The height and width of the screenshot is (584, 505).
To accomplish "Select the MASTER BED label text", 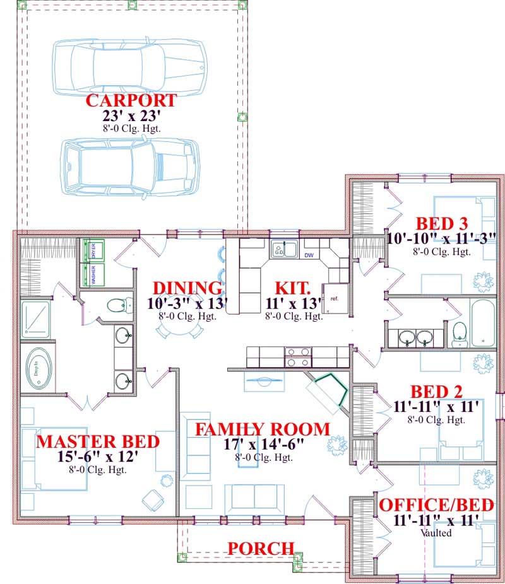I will click(97, 441).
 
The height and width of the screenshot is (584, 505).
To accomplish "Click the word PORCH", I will click(261, 548).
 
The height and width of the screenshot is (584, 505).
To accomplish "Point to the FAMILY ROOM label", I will click(262, 429).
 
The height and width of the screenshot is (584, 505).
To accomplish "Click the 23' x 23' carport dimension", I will click(131, 116).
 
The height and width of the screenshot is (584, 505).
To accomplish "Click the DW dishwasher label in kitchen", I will click(309, 255).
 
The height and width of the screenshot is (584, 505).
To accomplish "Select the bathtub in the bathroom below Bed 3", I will click(482, 323).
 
